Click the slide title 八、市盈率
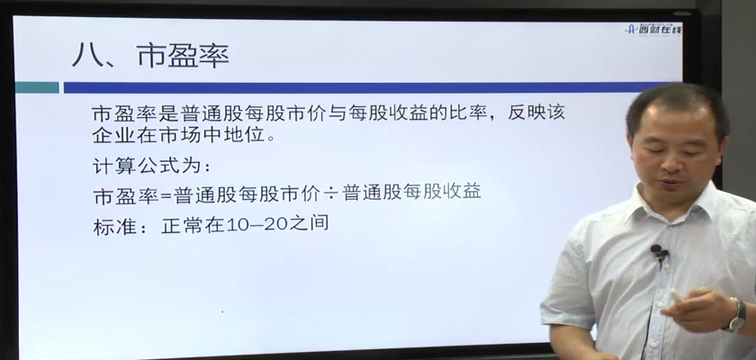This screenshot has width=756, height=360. [150, 56]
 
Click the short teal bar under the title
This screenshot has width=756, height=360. [37, 87]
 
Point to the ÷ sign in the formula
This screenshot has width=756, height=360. [331, 193]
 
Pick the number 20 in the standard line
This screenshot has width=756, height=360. [277, 223]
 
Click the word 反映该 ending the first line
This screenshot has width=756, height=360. [536, 112]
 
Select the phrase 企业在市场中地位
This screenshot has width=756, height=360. [178, 135]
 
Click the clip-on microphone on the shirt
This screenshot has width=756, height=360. [658, 252]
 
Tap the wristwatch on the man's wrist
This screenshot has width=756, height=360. [737, 316]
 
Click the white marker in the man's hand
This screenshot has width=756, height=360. [676, 294]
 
